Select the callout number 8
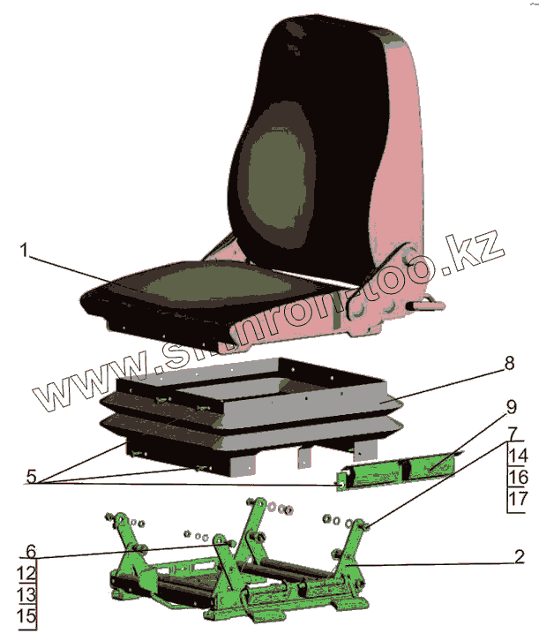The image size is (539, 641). point(508,363)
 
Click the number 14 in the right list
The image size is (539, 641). point(518,456)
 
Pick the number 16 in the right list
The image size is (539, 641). point(518,478)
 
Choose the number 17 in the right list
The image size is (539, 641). point(518,500)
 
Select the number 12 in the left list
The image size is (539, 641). point(26,572)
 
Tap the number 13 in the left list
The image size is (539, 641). point(26,594)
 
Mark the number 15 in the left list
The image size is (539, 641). point(26,616)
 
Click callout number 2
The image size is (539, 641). point(520,556)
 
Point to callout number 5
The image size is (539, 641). point(32,478)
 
